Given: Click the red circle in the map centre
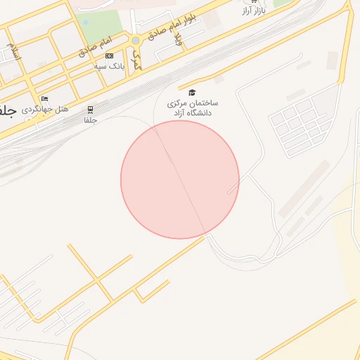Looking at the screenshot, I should pyautogui.click(x=180, y=179).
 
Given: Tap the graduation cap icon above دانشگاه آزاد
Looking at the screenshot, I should pyautogui.click(x=192, y=92).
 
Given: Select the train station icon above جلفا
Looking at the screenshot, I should pyautogui.click(x=90, y=110).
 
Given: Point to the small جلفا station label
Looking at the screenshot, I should pyautogui.click(x=90, y=120).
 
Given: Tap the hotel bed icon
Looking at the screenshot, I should pyautogui.click(x=45, y=99).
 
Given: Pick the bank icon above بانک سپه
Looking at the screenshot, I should pyautogui.click(x=109, y=56).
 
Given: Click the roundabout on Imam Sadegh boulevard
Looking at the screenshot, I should pyautogui.click(x=135, y=40).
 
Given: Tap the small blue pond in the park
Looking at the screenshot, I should pyautogui.click(x=86, y=22).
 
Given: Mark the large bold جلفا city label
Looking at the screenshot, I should pyautogui.click(x=6, y=111).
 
